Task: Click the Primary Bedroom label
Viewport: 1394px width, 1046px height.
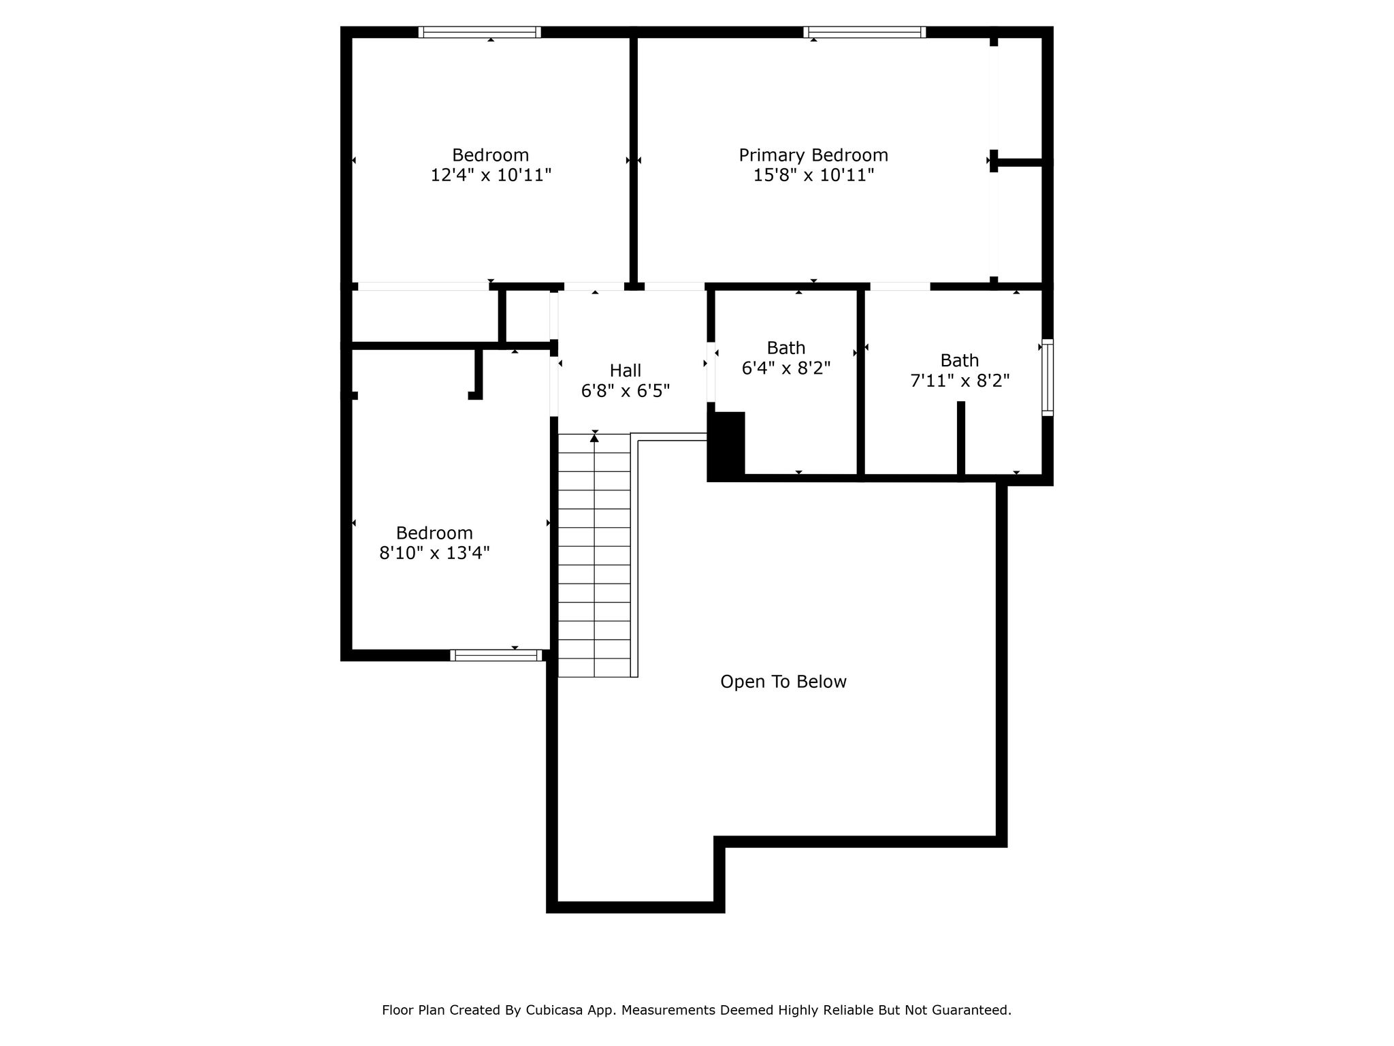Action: (x=813, y=155)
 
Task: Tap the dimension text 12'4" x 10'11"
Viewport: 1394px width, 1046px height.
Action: (x=491, y=175)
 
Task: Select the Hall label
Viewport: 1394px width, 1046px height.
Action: (x=626, y=370)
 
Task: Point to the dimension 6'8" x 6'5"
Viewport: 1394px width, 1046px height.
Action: (x=626, y=391)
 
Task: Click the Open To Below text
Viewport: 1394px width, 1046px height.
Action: (x=783, y=682)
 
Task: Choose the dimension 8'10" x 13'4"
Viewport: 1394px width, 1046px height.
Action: (x=434, y=552)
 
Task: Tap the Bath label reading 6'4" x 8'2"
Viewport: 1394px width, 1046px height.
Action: (x=786, y=348)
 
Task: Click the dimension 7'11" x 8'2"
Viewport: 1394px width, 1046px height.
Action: (x=960, y=381)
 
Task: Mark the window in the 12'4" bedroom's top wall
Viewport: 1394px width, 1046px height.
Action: (x=480, y=32)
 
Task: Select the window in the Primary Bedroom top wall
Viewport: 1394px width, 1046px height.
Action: (x=864, y=32)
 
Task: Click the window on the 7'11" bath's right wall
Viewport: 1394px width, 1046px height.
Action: (x=1048, y=377)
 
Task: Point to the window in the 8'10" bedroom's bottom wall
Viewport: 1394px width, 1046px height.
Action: (x=496, y=655)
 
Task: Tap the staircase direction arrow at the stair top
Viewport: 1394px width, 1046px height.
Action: (x=594, y=437)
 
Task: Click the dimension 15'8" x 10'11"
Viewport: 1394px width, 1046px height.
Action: (x=813, y=175)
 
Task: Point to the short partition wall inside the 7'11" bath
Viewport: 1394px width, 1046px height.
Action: (x=961, y=441)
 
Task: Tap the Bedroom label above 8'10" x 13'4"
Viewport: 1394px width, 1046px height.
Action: (x=434, y=533)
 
